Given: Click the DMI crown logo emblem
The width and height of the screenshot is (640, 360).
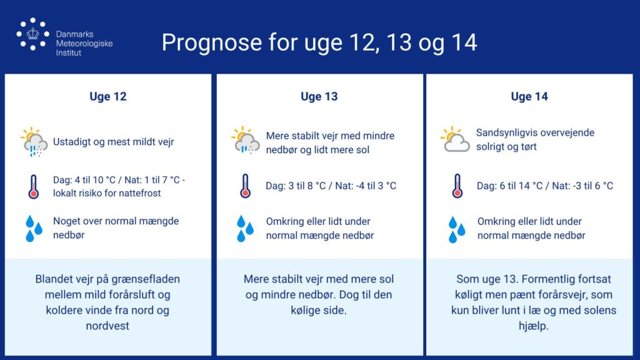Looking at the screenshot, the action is (32, 34).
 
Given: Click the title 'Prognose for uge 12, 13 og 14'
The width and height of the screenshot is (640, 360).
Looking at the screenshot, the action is (319, 42).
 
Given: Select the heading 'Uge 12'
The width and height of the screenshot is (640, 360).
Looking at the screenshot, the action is (108, 97).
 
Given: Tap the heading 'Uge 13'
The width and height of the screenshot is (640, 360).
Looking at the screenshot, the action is (319, 97).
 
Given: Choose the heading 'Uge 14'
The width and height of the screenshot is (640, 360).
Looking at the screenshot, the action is (529, 97).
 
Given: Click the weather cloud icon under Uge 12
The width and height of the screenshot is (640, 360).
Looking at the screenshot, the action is (34, 142).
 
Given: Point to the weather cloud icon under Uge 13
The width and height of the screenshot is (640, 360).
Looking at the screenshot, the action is (245, 140).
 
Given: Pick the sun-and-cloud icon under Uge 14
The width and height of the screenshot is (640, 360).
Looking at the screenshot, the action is (455, 139).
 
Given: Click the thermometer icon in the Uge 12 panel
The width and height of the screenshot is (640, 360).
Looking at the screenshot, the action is (34, 187).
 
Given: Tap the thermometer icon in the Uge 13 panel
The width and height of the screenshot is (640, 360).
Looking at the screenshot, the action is (245, 186).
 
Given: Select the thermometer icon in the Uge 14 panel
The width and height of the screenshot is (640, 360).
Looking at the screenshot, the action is (457, 186).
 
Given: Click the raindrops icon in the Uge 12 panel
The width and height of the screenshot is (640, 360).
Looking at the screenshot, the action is (34, 229).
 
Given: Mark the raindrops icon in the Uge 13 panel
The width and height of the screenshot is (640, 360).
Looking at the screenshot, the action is (245, 229).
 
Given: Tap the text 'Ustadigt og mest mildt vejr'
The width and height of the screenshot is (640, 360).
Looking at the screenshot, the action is (114, 142).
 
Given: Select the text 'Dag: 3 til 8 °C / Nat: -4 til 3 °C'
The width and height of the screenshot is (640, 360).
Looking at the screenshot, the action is (331, 186).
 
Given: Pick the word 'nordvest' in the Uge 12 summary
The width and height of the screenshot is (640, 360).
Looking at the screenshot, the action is (107, 326).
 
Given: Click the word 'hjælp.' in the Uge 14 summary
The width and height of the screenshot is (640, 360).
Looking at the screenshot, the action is (534, 326).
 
